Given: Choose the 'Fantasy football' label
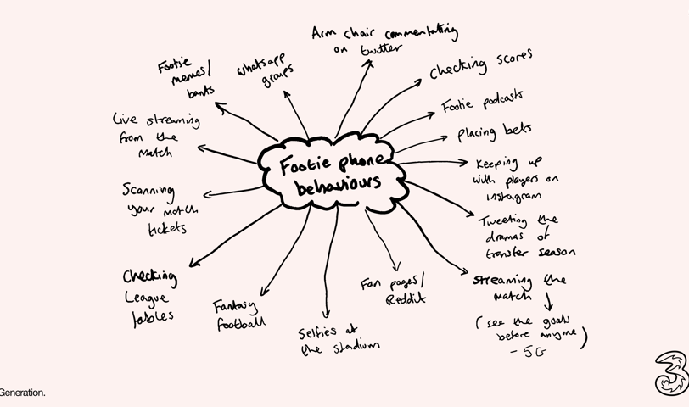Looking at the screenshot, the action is point(239,313).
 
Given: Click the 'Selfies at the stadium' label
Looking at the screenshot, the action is point(338,337).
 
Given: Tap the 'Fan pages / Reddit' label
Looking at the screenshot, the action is point(393,290).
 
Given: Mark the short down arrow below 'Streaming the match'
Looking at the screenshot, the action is point(548,300).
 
